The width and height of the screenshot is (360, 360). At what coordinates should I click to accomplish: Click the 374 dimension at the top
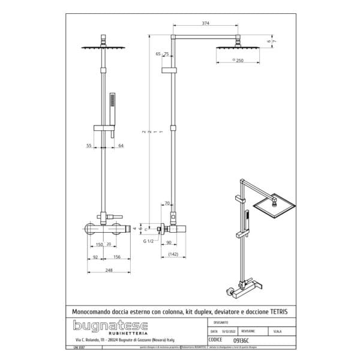tap(206, 23)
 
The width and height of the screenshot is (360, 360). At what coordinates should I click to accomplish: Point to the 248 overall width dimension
tap(109, 269)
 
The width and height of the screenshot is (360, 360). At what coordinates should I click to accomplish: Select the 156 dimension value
tap(118, 257)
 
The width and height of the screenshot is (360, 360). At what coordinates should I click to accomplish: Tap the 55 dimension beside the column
tap(89, 145)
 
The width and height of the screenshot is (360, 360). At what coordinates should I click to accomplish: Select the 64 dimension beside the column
tap(121, 145)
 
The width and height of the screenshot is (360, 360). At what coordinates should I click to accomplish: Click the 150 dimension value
tap(99, 245)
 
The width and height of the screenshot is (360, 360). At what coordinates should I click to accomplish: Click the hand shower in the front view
tap(111, 106)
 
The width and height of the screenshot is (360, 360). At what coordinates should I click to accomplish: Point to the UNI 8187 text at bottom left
tap(77, 346)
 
